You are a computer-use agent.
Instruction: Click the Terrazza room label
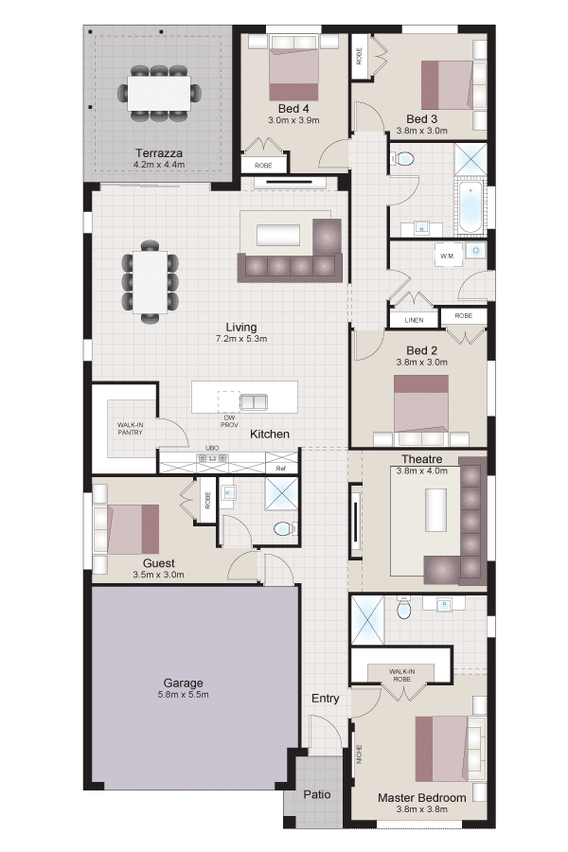159,153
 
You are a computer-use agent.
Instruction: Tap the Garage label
183,683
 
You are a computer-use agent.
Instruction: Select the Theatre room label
422,459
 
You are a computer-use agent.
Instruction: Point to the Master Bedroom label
422,798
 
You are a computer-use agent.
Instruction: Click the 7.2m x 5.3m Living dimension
241,339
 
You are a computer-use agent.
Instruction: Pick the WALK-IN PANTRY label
131,429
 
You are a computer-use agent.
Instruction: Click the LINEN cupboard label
414,320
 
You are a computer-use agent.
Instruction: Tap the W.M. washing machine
448,255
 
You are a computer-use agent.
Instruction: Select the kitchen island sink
254,401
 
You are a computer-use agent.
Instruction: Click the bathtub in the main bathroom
470,208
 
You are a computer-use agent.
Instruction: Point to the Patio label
317,794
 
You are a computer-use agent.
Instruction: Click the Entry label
325,699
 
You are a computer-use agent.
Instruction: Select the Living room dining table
150,282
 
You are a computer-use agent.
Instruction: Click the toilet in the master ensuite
404,608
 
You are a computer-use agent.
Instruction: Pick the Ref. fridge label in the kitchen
281,469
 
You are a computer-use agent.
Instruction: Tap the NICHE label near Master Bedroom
359,754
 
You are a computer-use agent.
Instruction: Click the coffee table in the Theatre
435,511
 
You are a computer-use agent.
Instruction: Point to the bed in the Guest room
127,529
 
